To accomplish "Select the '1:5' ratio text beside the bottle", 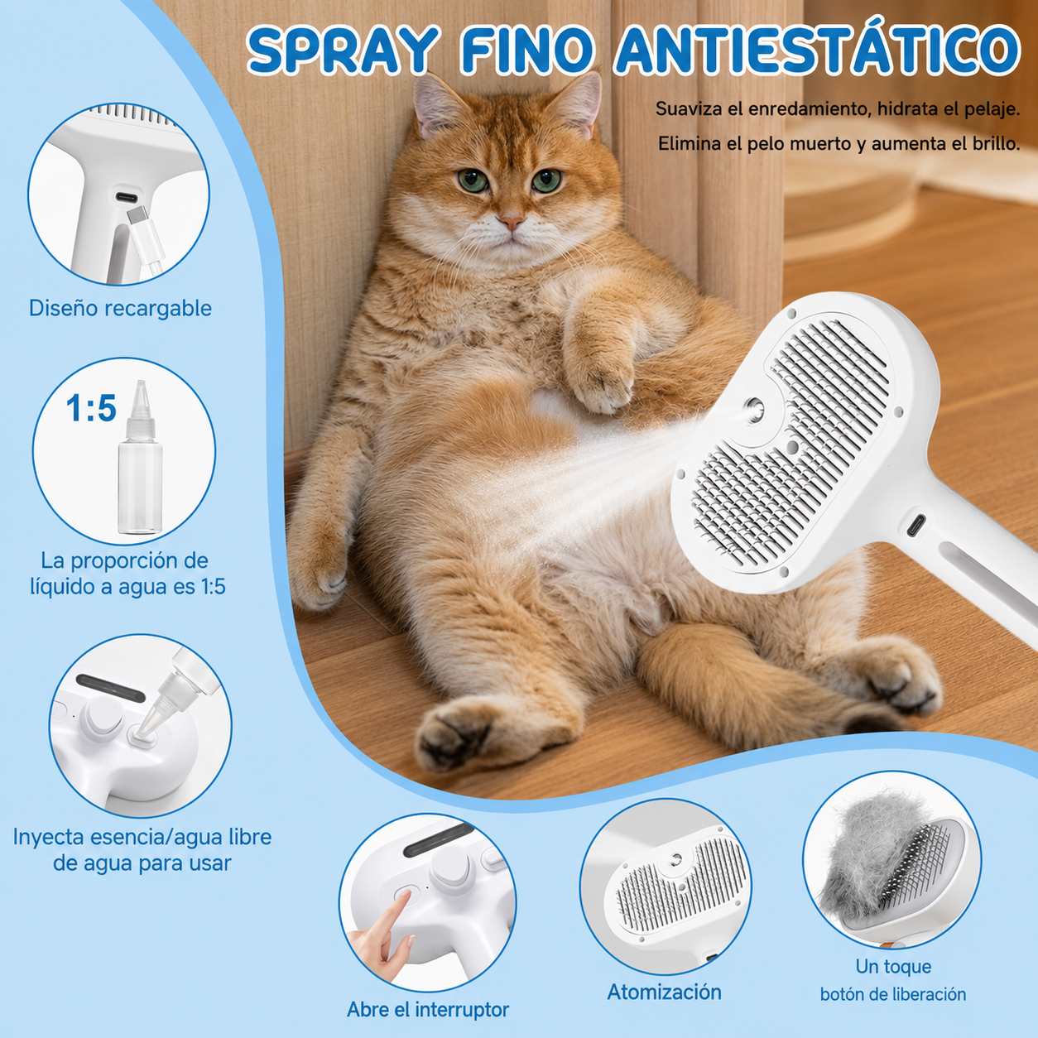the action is coord(91,408).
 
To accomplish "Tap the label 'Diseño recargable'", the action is coord(120,309).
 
